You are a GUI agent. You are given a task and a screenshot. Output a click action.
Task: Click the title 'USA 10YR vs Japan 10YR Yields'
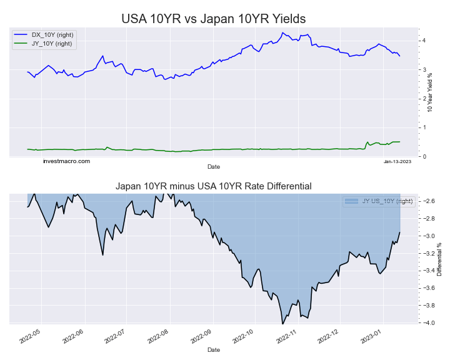(x=214, y=18)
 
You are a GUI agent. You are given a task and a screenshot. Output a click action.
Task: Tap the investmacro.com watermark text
(x=66, y=161)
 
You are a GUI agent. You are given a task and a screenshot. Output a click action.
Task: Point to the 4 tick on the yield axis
(x=424, y=41)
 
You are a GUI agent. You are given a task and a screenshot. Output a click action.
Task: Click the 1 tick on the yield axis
(x=424, y=127)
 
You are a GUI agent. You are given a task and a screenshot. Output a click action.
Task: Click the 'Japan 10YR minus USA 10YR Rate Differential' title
(x=214, y=186)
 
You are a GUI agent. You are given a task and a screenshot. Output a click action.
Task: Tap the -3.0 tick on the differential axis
(x=428, y=236)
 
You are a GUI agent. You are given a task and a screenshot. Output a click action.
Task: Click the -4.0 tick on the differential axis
(x=428, y=323)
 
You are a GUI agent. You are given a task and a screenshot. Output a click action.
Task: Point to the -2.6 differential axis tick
(x=428, y=201)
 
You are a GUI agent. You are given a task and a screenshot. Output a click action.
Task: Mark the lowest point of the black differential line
(x=282, y=323)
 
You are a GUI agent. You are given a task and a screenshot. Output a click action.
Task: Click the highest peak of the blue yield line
(x=282, y=32)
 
